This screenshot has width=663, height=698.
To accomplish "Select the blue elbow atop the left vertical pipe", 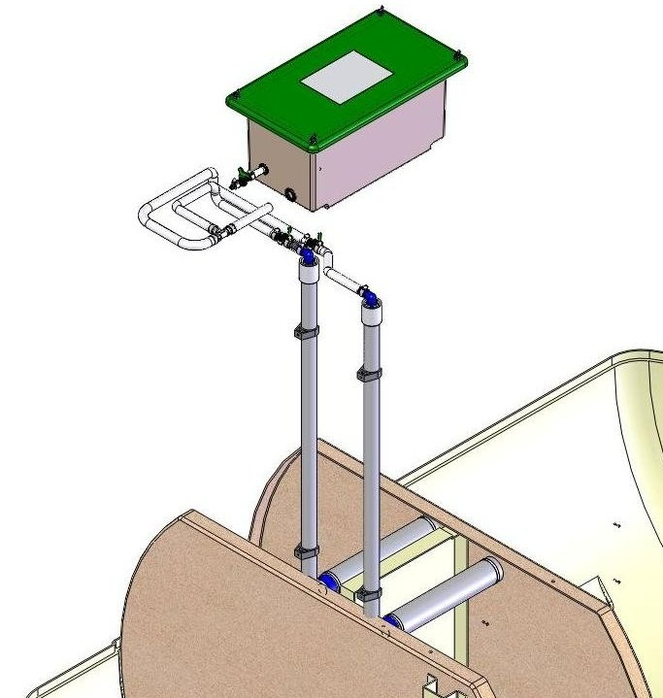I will point(307,255).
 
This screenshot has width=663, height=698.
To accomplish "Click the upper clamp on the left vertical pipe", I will point(304,333).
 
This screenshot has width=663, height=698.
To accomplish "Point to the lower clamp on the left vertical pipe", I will point(306,552).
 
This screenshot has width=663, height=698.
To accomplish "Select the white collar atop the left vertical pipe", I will point(306,271).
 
